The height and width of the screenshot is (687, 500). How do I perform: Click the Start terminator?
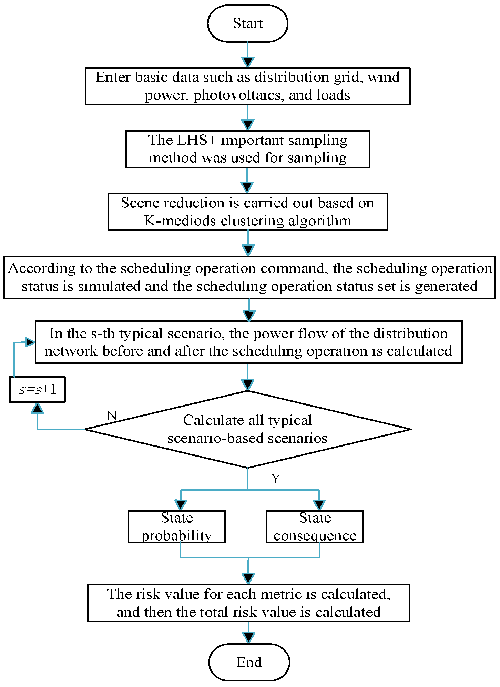[x=247, y=24]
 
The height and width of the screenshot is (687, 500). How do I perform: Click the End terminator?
[x=249, y=662]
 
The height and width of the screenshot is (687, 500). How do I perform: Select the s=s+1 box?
[x=37, y=390]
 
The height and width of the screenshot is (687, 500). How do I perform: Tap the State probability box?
[x=177, y=526]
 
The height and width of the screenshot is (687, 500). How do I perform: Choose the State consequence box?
[x=315, y=526]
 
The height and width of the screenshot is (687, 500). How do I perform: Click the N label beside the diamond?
[x=112, y=416]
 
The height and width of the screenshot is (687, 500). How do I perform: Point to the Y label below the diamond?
[x=276, y=479]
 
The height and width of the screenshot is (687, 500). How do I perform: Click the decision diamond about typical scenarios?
[x=247, y=429]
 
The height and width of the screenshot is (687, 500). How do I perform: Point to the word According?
[x=42, y=268]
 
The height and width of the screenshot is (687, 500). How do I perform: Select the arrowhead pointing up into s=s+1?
[x=37, y=408]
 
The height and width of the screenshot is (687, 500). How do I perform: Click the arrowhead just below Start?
[x=248, y=62]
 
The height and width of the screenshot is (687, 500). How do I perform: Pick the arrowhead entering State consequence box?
[x=319, y=505]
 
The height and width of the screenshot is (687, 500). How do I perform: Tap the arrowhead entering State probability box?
[x=181, y=505]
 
